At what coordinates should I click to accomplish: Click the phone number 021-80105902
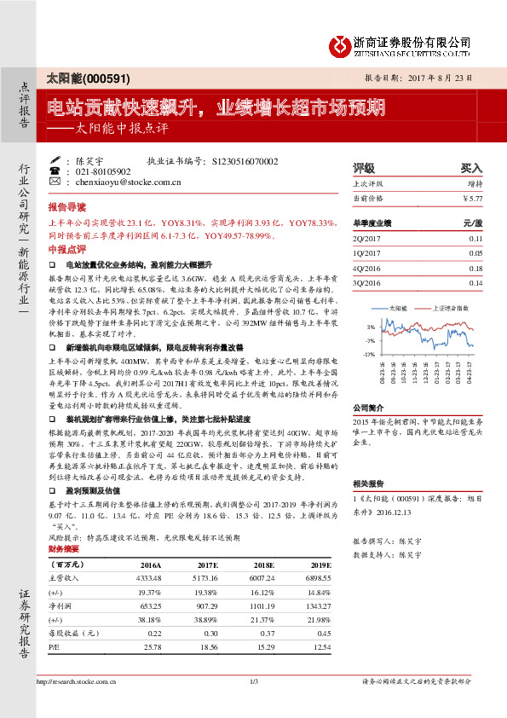click(x=104, y=171)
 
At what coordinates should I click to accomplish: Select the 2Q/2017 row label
click(x=367, y=240)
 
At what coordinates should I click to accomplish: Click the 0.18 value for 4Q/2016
click(x=475, y=269)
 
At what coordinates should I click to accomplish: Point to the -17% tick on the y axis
click(x=369, y=354)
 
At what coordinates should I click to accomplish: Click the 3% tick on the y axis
click(x=371, y=327)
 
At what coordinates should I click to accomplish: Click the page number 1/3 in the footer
click(x=253, y=681)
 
